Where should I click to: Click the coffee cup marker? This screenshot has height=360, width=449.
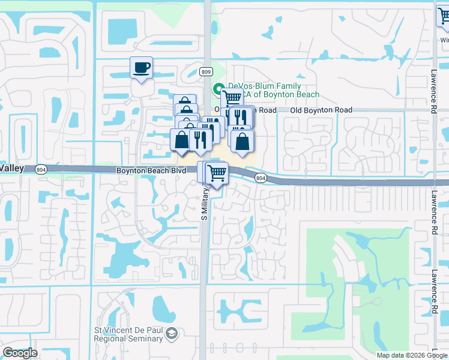pyautogui.click(x=141, y=68)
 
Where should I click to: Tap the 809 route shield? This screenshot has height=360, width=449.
pyautogui.click(x=206, y=72)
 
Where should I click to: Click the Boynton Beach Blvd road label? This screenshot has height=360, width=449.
pyautogui.click(x=151, y=170)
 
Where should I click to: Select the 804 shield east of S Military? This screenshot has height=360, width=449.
pyautogui.click(x=260, y=178)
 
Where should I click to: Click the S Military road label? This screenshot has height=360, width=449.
pyautogui.click(x=204, y=203)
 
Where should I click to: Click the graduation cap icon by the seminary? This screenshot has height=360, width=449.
pyautogui.click(x=172, y=332)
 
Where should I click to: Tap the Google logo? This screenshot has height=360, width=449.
pyautogui.click(x=20, y=353)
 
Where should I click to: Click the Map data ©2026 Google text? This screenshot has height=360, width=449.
pyautogui.click(x=412, y=355)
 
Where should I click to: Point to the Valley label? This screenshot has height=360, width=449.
pyautogui.click(x=12, y=169)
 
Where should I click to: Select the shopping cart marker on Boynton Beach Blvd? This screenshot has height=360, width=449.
pyautogui.click(x=217, y=174)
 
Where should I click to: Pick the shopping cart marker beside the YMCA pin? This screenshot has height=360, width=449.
pyautogui.click(x=232, y=97)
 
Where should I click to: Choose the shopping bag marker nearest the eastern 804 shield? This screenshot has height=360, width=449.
pyautogui.click(x=242, y=142)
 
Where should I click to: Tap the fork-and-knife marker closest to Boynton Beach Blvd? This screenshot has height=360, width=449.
pyautogui.click(x=199, y=140)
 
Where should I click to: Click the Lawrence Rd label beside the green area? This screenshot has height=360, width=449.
pyautogui.click(x=433, y=280)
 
